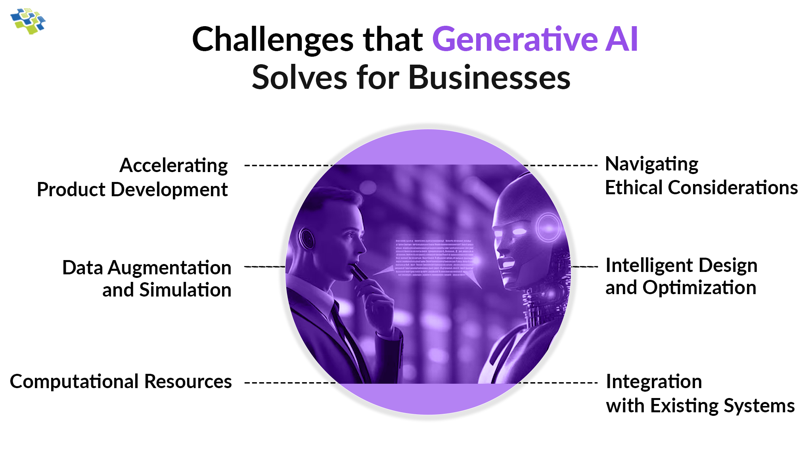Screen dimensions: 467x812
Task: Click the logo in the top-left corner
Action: pyautogui.click(x=28, y=21)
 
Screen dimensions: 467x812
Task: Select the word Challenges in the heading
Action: pyautogui.click(x=273, y=40)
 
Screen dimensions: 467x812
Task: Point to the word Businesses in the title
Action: pyautogui.click(x=489, y=77)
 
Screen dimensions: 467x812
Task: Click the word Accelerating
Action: pyautogui.click(x=174, y=166)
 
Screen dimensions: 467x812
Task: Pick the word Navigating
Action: pyautogui.click(x=651, y=164)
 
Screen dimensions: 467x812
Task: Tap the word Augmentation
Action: pyautogui.click(x=170, y=268)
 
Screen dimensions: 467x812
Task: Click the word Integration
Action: pyautogui.click(x=654, y=381)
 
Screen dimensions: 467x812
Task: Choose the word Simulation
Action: pyautogui.click(x=185, y=290)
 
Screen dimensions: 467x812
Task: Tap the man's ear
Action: pyautogui.click(x=307, y=238)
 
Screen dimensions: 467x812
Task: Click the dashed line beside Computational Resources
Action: pyautogui.click(x=289, y=383)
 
